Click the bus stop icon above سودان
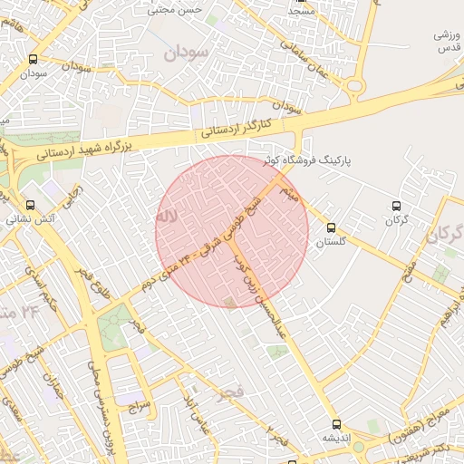tap(34, 59)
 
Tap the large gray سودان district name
tap(186, 53)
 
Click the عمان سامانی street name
tap(317, 63)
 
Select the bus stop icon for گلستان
tap(330, 227)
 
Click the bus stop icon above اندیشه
tap(336, 423)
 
